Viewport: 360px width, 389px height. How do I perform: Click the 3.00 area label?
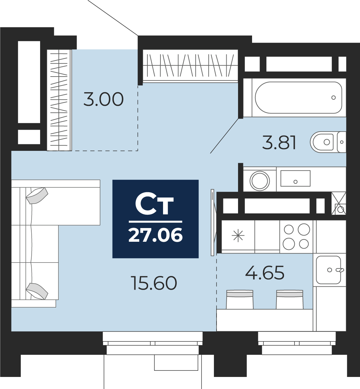(103, 99)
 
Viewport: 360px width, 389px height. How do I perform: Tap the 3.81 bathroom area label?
(279, 143)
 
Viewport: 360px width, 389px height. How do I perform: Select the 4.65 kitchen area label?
(265, 272)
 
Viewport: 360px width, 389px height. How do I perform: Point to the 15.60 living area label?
(154, 283)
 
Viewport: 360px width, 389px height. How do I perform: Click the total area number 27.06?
(156, 235)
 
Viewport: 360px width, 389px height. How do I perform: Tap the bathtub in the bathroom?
(299, 97)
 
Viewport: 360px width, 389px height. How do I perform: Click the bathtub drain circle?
(334, 97)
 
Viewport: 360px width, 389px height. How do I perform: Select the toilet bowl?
(322, 142)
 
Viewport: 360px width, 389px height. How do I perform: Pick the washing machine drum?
(260, 180)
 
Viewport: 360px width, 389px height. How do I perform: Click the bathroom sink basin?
(295, 178)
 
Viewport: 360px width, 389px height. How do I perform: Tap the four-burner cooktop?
(296, 237)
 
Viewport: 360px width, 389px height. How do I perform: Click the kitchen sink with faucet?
(329, 270)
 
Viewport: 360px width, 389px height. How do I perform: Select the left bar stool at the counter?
(240, 299)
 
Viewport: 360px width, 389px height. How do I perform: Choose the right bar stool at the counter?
(290, 299)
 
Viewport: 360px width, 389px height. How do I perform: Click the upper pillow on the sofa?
(37, 195)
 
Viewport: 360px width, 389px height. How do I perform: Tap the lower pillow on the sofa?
(37, 291)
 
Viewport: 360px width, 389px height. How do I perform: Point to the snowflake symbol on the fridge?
(238, 236)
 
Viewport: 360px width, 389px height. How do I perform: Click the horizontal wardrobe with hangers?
(190, 65)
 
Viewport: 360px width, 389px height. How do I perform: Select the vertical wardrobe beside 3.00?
(59, 100)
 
